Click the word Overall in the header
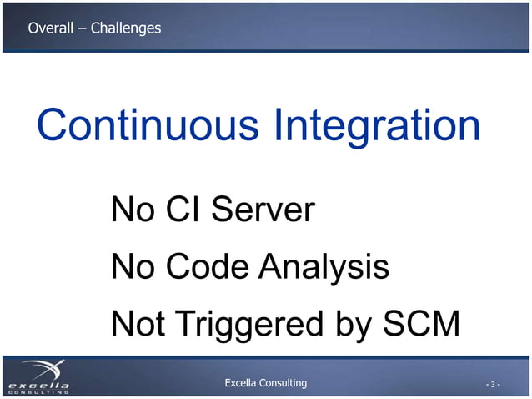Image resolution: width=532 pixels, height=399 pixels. (50, 28)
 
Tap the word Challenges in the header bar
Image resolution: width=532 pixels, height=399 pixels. (126, 28)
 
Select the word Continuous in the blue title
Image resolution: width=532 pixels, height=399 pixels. (147, 126)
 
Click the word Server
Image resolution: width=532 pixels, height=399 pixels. (262, 210)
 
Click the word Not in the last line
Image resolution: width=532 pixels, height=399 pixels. (138, 325)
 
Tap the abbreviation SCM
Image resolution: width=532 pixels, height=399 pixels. (422, 325)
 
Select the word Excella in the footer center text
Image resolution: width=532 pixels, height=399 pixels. (244, 383)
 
